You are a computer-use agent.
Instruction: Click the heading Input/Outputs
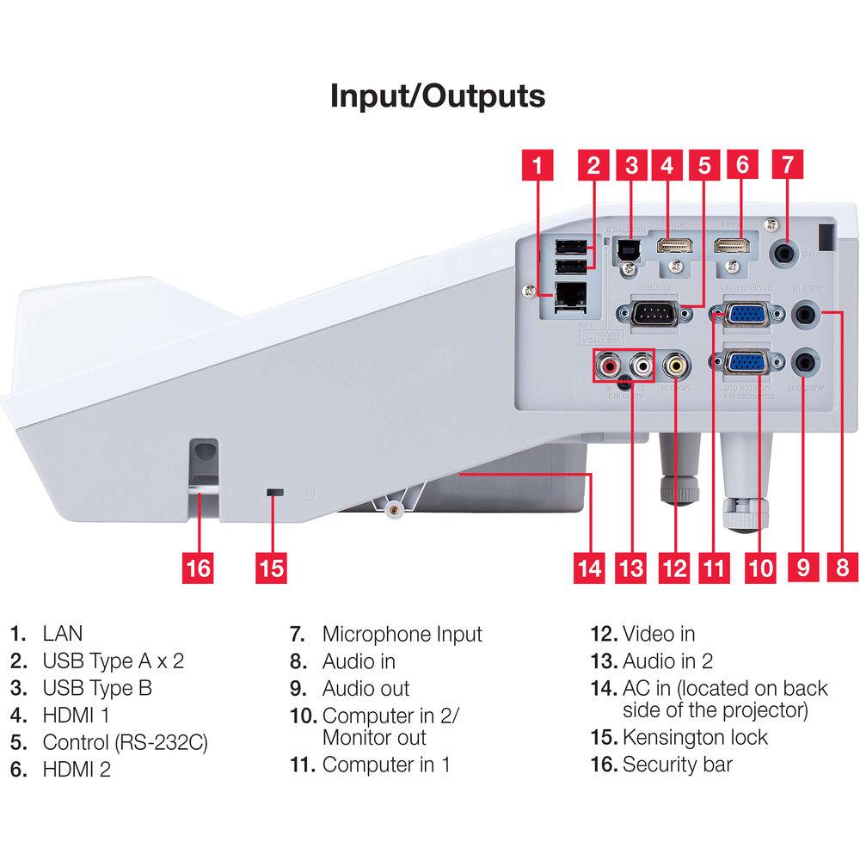pyautogui.click(x=438, y=95)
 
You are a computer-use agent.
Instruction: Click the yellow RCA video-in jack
pyautogui.click(x=675, y=366)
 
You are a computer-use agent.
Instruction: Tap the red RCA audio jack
pyautogui.click(x=608, y=367)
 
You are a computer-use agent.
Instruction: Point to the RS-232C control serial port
pyautogui.click(x=650, y=315)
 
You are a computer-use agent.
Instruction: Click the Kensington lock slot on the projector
pyautogui.click(x=275, y=492)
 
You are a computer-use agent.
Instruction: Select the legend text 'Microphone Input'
pyautogui.click(x=402, y=635)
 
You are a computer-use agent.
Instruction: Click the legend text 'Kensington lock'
pyautogui.click(x=695, y=737)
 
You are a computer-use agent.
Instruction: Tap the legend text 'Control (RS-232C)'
pyautogui.click(x=126, y=741)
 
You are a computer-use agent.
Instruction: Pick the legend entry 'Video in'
pyautogui.click(x=658, y=635)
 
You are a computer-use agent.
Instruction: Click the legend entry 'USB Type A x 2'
pyautogui.click(x=113, y=661)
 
